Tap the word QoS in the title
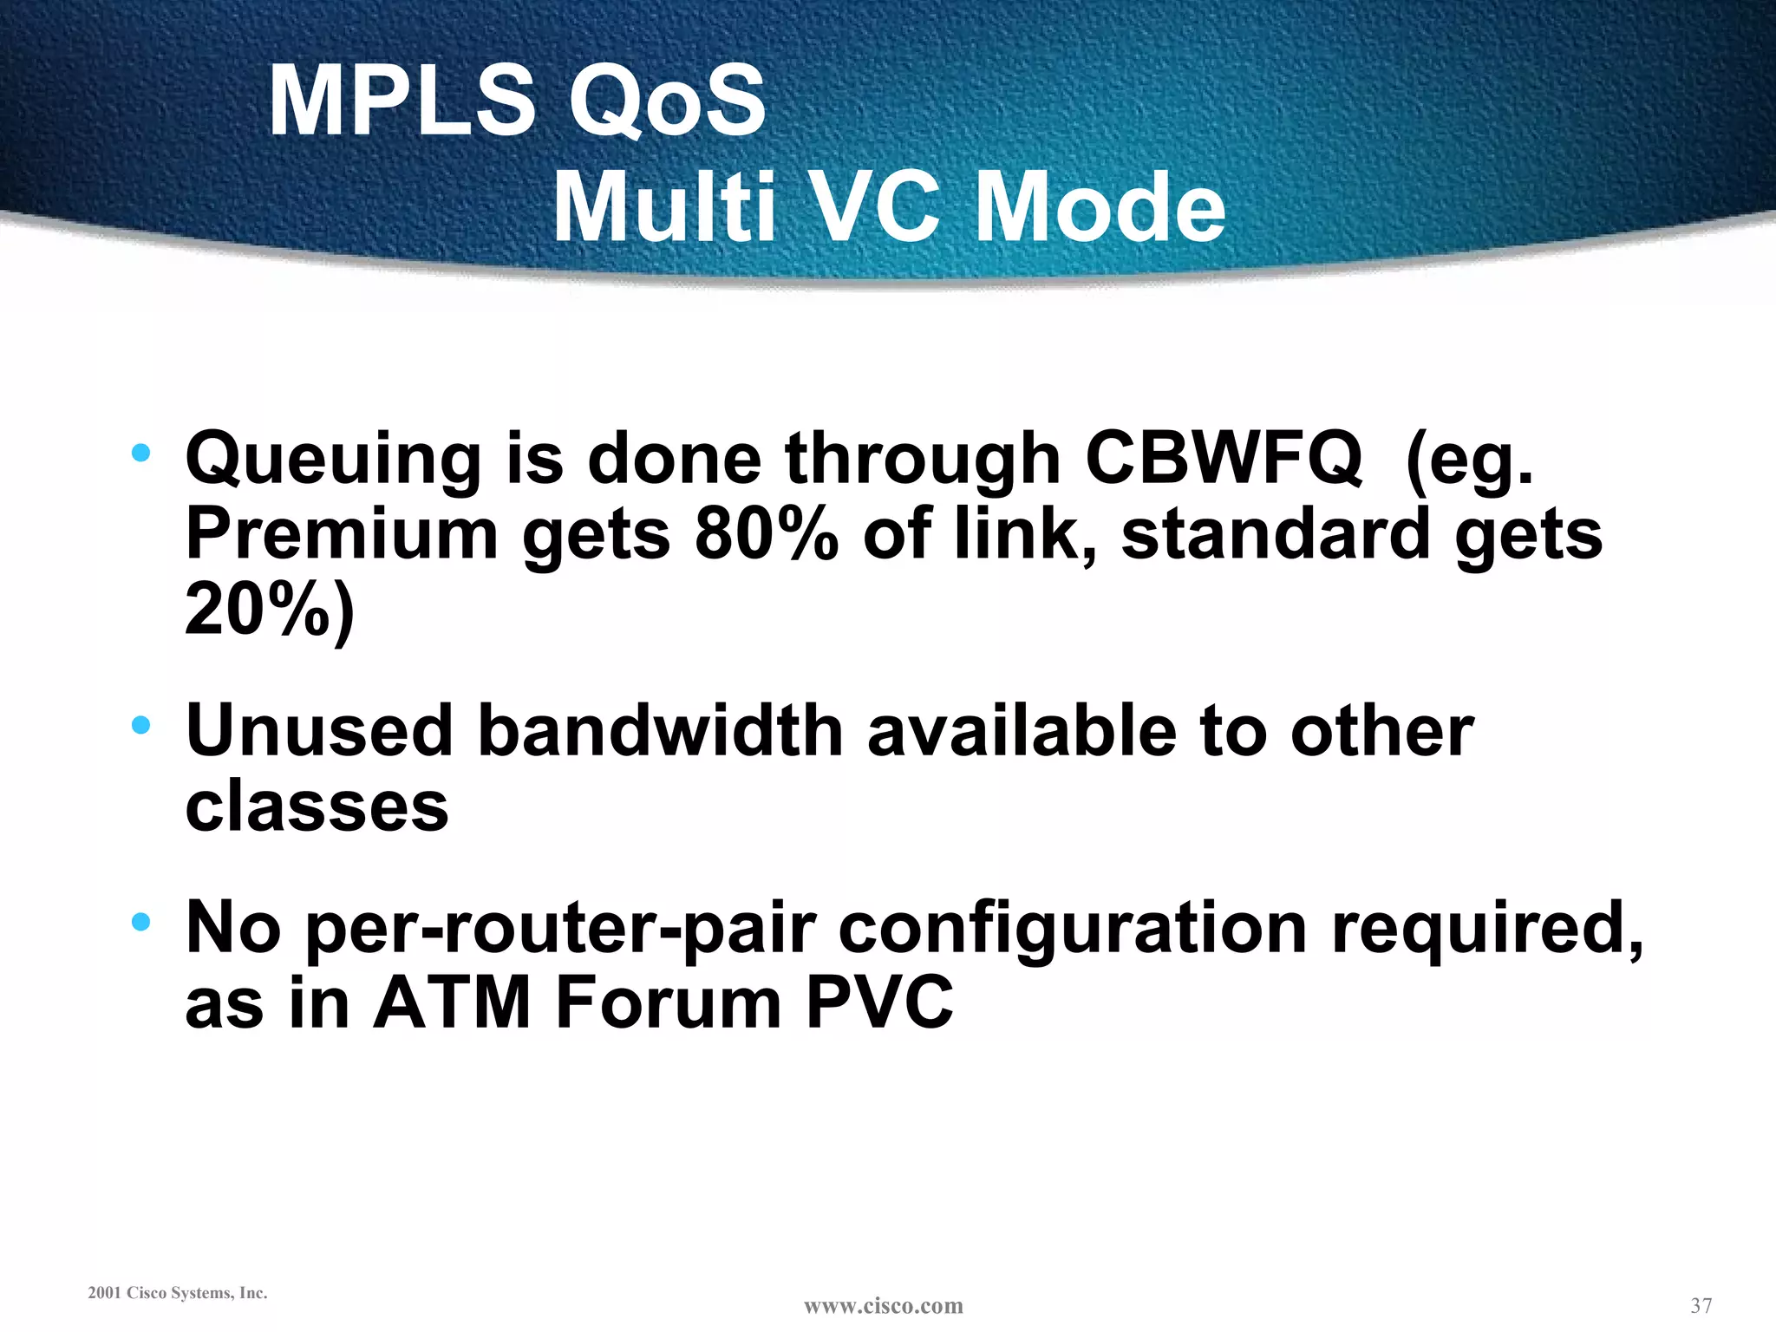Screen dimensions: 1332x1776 (x=667, y=103)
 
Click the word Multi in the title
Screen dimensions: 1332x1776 (x=664, y=208)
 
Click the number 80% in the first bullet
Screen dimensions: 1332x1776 (x=767, y=534)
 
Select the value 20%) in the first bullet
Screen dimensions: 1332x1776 (x=270, y=610)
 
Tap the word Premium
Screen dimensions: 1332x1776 (x=342, y=534)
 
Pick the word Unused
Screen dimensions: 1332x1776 (x=319, y=730)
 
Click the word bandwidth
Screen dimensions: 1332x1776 (x=660, y=730)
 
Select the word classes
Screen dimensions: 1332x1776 (x=317, y=806)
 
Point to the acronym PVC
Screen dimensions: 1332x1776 (x=879, y=1003)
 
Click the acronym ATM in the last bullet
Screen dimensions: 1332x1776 (x=452, y=1003)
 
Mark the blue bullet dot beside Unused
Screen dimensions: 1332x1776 (x=140, y=724)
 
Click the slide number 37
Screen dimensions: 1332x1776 (x=1701, y=1306)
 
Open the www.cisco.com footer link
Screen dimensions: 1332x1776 (x=883, y=1306)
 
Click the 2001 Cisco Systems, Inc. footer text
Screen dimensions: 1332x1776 (x=178, y=1293)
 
